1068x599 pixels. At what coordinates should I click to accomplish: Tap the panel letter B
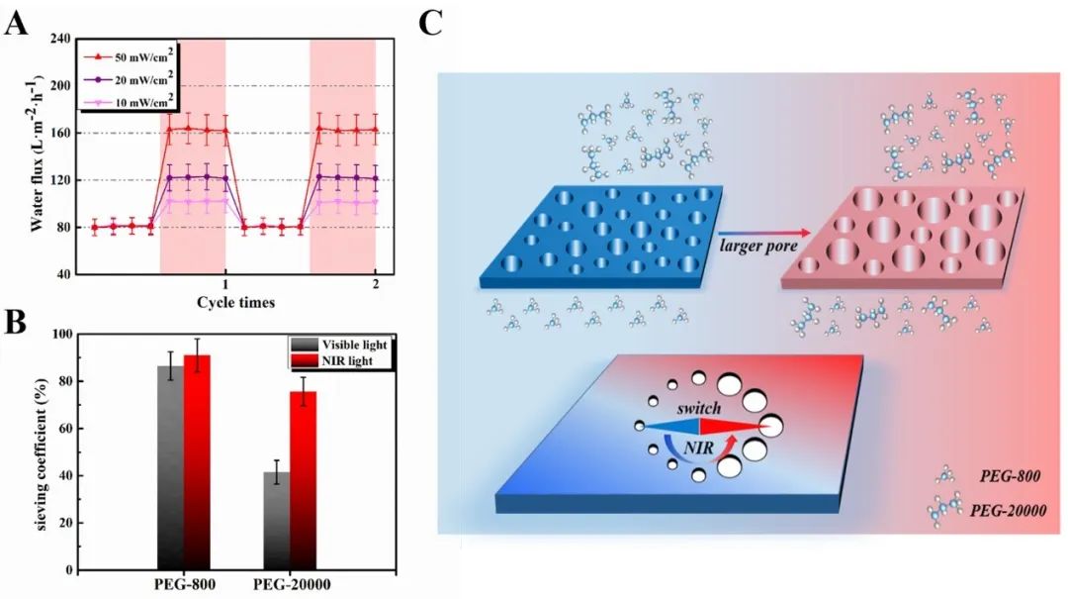[x=16, y=323]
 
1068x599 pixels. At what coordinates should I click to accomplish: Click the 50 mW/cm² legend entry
[x=129, y=57]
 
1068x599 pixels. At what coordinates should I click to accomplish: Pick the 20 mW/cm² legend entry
[x=129, y=77]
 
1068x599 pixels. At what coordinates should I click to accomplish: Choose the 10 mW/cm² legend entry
[x=129, y=97]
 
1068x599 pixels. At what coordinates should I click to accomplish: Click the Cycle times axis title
[x=235, y=301]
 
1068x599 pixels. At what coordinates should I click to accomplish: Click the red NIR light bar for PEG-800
[x=197, y=462]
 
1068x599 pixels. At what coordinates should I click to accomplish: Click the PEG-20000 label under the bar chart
[x=290, y=585]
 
